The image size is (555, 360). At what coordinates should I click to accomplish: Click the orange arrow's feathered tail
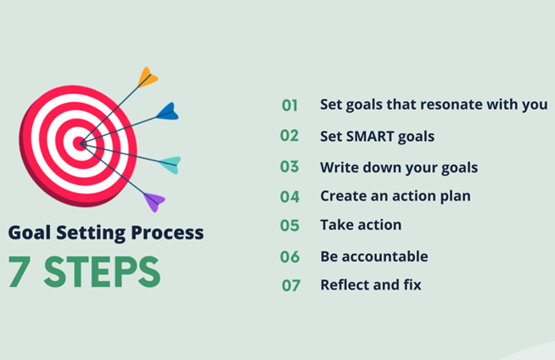(x=148, y=77)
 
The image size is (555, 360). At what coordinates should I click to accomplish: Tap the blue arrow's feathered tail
(x=168, y=111)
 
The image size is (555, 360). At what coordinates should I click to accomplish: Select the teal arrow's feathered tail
(x=171, y=165)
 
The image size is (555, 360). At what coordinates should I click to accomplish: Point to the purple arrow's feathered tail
(x=154, y=202)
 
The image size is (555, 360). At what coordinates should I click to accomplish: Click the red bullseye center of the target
(x=80, y=143)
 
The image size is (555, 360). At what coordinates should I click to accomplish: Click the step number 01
(x=289, y=105)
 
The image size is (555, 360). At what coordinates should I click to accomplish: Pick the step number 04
(x=289, y=197)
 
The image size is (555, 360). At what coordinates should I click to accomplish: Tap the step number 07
(x=291, y=285)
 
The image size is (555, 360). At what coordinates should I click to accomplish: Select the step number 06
(x=290, y=257)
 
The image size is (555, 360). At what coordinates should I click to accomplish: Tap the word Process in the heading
(x=167, y=233)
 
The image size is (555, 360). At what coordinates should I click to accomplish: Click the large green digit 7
(x=20, y=271)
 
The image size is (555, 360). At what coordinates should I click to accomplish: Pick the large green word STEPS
(x=102, y=272)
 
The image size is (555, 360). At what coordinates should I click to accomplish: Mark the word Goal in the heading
(x=30, y=233)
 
